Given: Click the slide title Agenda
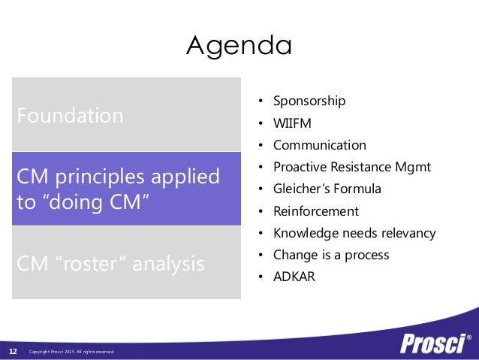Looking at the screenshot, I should tap(239, 46).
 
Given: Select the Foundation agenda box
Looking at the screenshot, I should tap(125, 116).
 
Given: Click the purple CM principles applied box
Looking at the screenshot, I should tap(125, 189).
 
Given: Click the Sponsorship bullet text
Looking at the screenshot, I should tap(309, 101).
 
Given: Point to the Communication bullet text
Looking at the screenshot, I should tap(319, 145).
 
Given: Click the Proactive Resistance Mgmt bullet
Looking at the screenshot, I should tap(351, 167).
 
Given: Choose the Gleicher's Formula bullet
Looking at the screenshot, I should tap(327, 189).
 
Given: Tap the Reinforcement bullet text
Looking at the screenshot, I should tap(315, 211).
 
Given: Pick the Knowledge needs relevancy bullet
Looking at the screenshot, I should tap(354, 233).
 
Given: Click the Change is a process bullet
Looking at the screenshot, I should tap(330, 255).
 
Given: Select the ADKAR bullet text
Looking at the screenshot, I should tap(294, 277).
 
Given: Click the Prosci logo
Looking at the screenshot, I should tap(431, 343).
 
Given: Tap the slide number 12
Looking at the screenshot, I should tap(13, 351).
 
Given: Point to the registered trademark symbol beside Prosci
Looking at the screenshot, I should tap(469, 337).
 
